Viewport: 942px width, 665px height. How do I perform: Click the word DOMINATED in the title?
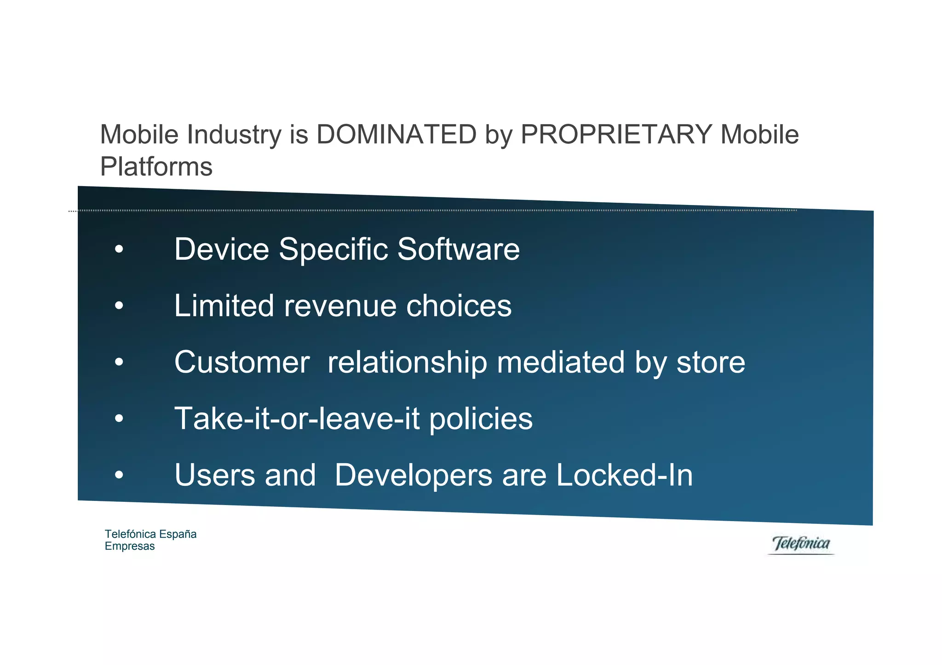click(x=396, y=135)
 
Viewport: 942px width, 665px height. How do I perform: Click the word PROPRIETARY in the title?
click(x=616, y=135)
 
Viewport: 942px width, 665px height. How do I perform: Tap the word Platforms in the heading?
click(x=156, y=167)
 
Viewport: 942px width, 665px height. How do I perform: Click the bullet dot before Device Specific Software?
click(x=119, y=250)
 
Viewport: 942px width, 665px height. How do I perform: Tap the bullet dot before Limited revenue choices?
click(x=119, y=306)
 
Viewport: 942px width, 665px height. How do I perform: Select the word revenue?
click(x=340, y=307)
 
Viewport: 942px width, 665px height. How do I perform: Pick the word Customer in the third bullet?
click(x=242, y=363)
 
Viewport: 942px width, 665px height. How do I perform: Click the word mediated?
click(x=561, y=363)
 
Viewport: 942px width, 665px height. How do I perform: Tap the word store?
click(x=710, y=363)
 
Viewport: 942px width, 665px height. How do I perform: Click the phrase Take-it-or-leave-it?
click(x=297, y=419)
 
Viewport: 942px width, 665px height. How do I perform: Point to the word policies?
click(x=481, y=420)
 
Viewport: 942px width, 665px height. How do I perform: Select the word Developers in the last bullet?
click(x=413, y=476)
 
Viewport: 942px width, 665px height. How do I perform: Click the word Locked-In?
click(x=624, y=475)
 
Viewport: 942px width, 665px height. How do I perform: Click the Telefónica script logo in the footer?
click(x=801, y=544)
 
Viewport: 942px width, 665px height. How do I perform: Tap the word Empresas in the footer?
click(x=130, y=546)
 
